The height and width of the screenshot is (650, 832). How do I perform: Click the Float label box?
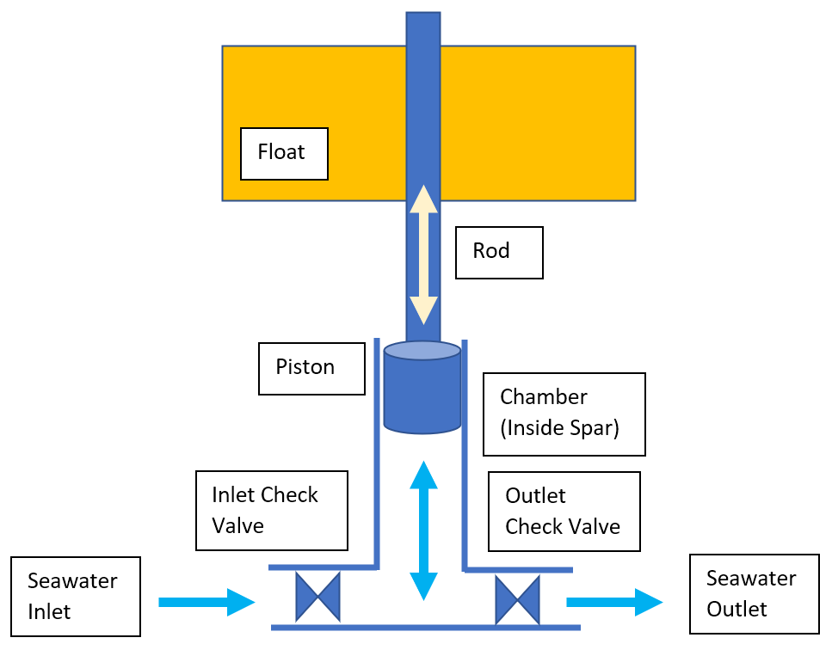coord(284,154)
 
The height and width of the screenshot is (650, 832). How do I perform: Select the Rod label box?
coord(499,252)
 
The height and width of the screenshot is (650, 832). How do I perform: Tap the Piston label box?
coord(311,368)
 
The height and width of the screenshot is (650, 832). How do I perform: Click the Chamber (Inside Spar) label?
coord(564,414)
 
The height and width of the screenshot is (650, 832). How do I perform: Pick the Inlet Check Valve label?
coord(271,510)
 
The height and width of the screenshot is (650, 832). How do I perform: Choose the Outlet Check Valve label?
coord(564,512)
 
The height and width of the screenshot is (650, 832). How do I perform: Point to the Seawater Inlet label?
coord(76,596)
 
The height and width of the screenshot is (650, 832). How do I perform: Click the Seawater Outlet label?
coord(754,594)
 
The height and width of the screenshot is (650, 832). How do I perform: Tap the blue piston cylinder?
coord(422,396)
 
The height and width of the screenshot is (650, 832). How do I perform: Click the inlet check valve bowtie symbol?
coord(317,598)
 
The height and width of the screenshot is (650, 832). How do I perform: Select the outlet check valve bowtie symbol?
coord(517,599)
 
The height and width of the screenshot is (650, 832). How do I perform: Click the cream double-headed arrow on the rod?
coord(422,254)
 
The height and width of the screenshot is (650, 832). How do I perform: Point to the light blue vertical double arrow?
coord(422,530)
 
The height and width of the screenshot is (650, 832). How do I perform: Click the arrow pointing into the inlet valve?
coord(206,602)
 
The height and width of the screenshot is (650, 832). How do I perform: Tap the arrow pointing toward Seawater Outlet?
coord(614,602)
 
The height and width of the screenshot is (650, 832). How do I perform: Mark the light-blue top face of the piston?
coord(422,351)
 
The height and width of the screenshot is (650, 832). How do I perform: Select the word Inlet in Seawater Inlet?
coord(50,611)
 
